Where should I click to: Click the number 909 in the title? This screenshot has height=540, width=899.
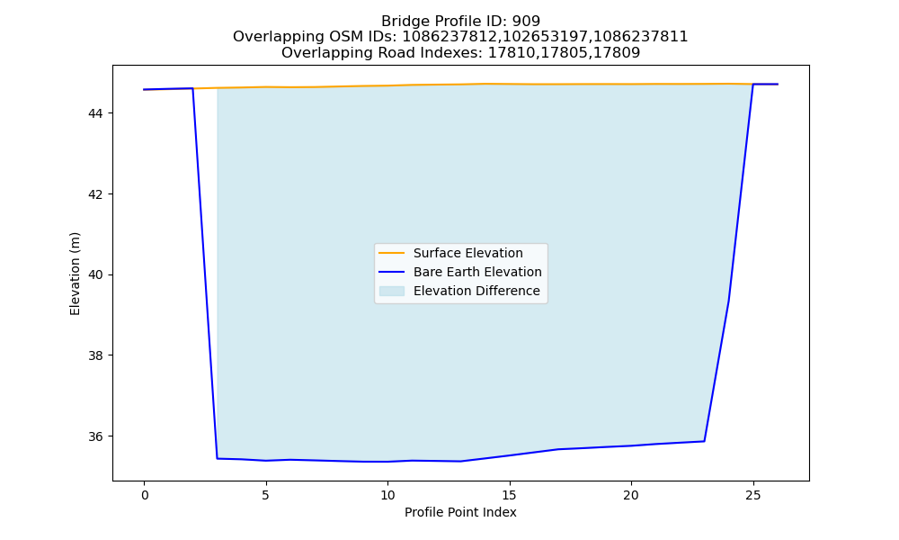point(526,22)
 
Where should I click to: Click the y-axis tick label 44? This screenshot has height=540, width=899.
point(95,113)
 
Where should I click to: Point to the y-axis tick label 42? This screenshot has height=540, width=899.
point(95,194)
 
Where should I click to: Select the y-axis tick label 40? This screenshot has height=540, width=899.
point(95,274)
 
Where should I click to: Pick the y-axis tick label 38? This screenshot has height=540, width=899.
point(95,355)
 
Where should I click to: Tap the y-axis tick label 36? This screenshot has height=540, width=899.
point(95,436)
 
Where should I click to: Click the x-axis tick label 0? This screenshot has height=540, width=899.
point(145,495)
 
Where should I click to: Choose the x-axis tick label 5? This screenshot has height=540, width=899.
point(266,495)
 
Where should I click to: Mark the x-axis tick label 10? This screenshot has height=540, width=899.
point(387,495)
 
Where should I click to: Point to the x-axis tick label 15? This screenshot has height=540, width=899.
point(509,495)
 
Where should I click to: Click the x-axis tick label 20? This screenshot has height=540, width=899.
point(631,495)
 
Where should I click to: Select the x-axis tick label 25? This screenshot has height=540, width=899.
point(752,495)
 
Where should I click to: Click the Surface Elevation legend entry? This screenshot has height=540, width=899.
point(450,253)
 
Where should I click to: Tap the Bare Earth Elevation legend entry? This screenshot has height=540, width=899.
point(459,272)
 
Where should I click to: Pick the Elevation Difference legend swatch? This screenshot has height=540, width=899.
point(392,291)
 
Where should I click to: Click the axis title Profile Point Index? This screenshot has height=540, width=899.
point(460,512)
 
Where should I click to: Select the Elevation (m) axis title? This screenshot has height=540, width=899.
point(76,274)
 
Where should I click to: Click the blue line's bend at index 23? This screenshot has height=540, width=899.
point(704,441)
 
